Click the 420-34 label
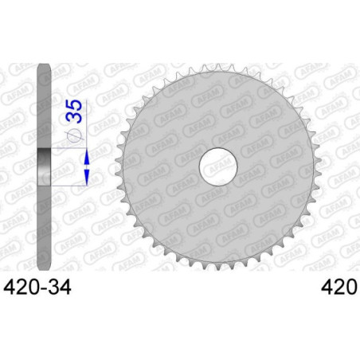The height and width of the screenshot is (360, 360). click(38, 288)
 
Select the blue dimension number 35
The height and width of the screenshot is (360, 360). click(74, 112)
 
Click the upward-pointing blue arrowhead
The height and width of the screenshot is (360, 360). click(87, 156)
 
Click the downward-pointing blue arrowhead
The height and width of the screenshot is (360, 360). click(87, 178)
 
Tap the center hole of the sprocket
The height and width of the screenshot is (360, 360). click(218, 166)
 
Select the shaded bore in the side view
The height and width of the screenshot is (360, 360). click(44, 166)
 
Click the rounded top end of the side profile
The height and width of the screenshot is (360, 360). click(44, 67)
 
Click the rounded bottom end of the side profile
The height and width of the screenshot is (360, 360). click(44, 267)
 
